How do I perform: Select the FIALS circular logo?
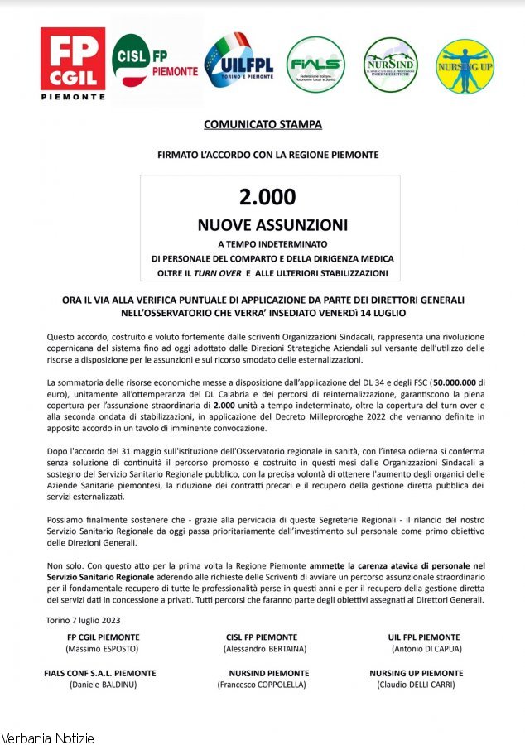click(x=315, y=65)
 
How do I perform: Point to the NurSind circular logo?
click(x=390, y=65)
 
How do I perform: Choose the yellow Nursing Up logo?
click(x=465, y=65)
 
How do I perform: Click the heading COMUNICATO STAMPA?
click(x=262, y=125)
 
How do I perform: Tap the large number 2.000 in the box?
click(x=267, y=197)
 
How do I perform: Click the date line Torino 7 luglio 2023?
click(x=85, y=620)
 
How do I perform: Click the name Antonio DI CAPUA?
click(x=423, y=648)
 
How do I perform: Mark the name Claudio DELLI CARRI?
click(x=415, y=685)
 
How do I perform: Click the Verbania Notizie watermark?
click(x=48, y=738)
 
